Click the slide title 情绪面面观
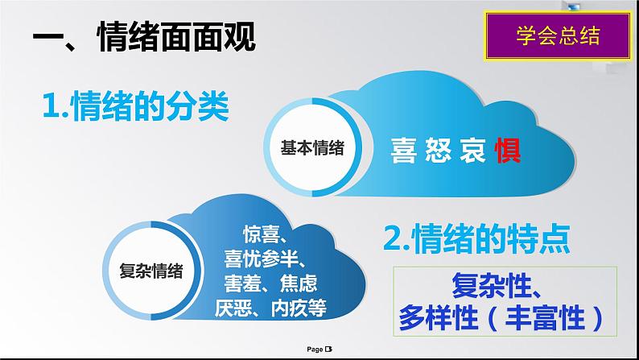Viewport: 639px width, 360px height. click(177, 37)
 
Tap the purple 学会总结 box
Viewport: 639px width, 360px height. click(558, 36)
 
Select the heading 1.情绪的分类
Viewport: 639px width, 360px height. click(136, 107)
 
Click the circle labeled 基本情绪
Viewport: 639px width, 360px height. click(312, 147)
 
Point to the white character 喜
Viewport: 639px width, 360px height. click(403, 151)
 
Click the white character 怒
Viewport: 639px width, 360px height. click(438, 151)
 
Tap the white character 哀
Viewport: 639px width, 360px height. click(472, 151)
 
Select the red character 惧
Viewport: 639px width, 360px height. click(508, 151)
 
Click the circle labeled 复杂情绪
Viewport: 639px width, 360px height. click(151, 271)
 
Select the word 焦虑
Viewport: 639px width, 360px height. click(299, 283)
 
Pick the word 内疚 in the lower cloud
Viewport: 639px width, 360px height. click(289, 308)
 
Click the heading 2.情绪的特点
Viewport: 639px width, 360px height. click(476, 238)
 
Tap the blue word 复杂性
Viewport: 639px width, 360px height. click(491, 286)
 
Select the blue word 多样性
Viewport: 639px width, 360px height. click(438, 317)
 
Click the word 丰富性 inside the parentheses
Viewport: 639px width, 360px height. click(546, 317)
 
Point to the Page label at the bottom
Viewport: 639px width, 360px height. click(315, 350)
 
